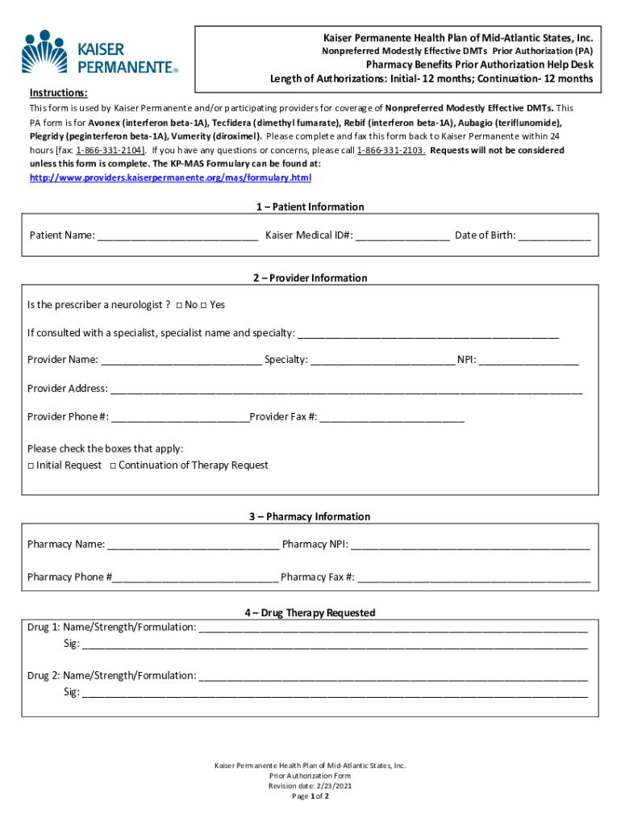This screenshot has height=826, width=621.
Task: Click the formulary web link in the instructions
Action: click(x=170, y=177)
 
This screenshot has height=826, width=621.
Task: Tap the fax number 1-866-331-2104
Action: click(x=110, y=151)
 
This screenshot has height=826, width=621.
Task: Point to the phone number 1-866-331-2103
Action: click(x=391, y=151)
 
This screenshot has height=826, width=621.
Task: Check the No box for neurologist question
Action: click(x=179, y=306)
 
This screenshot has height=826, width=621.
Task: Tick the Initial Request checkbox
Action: click(x=31, y=466)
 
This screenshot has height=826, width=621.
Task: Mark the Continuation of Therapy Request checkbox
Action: click(x=113, y=466)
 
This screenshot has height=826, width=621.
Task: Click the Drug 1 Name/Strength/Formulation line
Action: click(x=393, y=628)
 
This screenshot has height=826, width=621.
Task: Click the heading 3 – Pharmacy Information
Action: click(x=310, y=516)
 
